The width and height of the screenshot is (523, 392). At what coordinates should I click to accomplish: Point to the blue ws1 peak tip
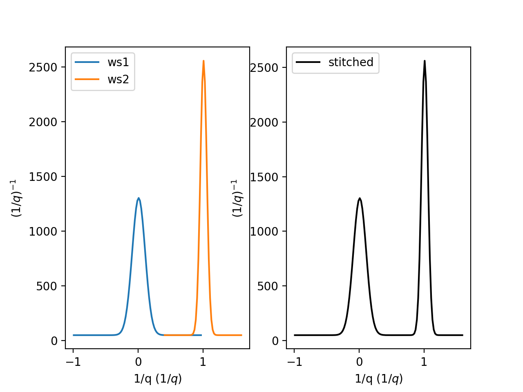click(139, 198)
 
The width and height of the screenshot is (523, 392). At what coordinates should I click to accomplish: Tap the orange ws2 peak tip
click(203, 61)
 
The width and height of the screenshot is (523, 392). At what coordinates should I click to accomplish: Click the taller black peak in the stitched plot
click(425, 61)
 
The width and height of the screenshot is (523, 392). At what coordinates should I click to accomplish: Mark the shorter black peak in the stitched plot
click(360, 198)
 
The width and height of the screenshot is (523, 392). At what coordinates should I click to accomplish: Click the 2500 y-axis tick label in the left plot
click(43, 67)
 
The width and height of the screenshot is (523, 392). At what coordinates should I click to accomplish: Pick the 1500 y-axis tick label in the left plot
click(43, 177)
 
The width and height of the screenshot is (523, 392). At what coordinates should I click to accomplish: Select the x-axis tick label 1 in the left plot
click(203, 362)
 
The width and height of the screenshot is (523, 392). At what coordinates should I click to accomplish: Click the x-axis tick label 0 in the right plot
click(359, 362)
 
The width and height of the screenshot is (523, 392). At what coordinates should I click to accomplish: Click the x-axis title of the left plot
click(158, 379)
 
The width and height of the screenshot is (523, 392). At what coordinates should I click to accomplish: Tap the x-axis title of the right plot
click(379, 379)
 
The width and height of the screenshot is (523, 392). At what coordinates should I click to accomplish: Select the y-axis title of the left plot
click(17, 198)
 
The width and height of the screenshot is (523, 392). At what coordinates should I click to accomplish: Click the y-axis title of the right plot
click(237, 198)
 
